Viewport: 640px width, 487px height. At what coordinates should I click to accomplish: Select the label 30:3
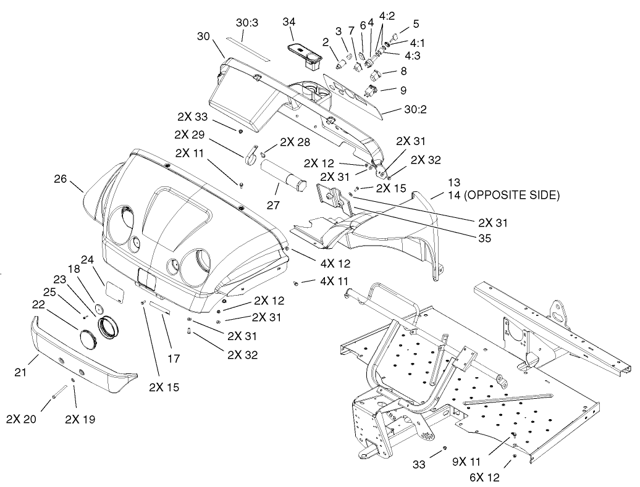click(248, 22)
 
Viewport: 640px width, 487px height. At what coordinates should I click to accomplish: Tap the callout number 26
click(61, 180)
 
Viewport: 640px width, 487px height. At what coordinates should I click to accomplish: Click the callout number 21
click(20, 372)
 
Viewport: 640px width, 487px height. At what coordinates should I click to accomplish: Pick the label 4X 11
click(334, 281)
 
